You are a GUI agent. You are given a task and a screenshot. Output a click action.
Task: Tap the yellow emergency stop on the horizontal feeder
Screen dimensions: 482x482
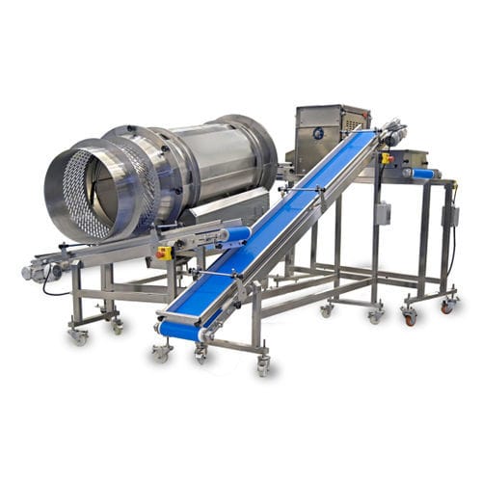(165, 253)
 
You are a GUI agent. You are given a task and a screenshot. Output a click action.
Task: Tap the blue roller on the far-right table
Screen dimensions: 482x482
(420, 174)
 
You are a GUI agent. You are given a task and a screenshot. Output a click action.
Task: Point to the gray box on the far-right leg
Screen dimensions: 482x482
(449, 216)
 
